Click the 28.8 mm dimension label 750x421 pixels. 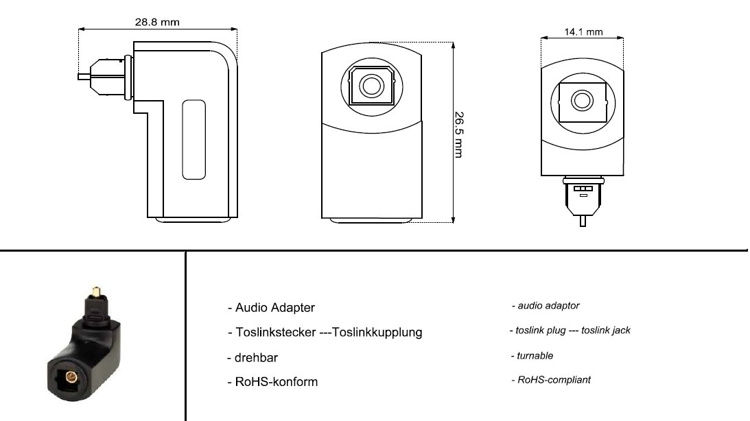click(158, 22)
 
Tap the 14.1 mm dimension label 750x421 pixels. click(583, 32)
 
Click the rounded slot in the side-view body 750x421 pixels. click(194, 141)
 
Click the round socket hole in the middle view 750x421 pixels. click(371, 86)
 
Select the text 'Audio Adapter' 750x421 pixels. click(271, 307)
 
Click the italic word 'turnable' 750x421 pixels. click(532, 356)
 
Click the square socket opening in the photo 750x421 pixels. click(69, 376)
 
